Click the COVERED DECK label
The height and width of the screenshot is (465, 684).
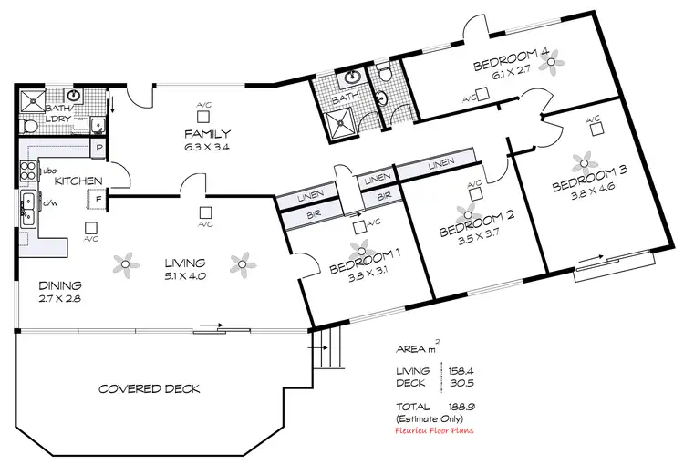pos(149,389)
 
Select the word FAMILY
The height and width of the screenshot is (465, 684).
pos(208,133)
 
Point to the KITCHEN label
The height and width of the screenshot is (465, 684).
pos(78,181)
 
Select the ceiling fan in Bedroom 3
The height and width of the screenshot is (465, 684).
pos(582,164)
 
